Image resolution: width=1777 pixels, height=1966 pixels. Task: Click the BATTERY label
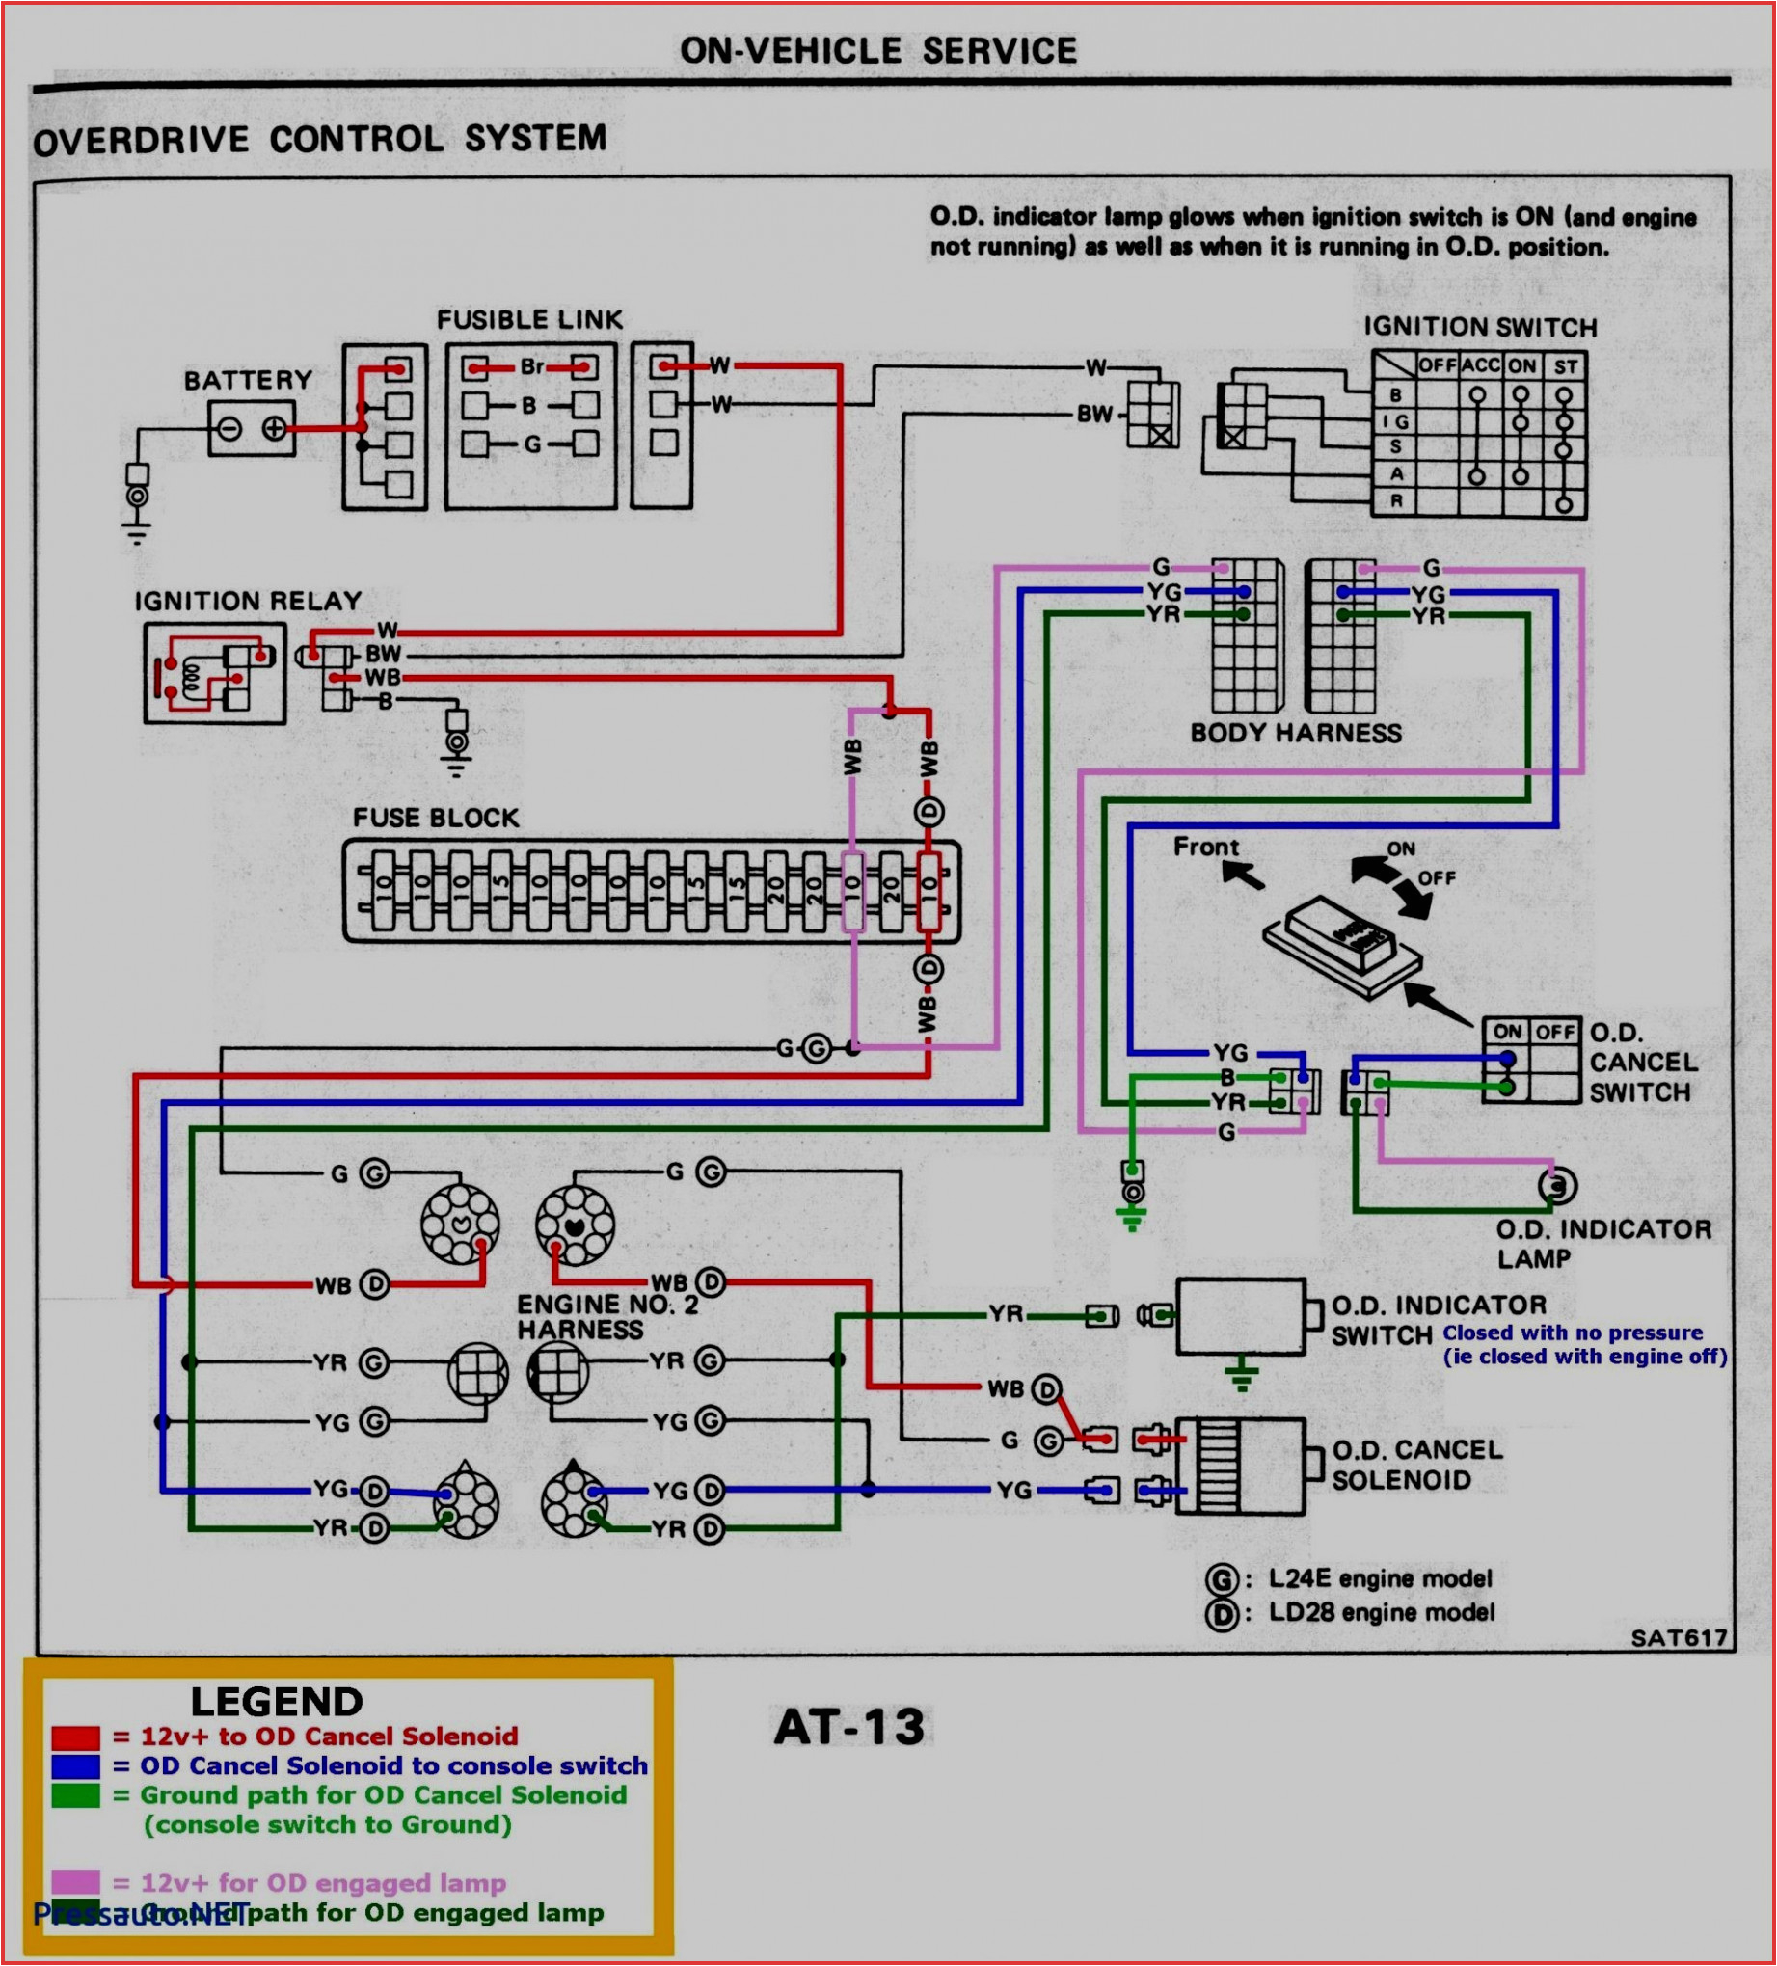tap(248, 380)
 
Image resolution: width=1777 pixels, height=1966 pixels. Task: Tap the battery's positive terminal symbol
tap(274, 428)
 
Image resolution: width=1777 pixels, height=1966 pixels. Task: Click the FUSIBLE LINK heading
tap(528, 320)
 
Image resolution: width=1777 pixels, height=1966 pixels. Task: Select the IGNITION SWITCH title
tap(1478, 328)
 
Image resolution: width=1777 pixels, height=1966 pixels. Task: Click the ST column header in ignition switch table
tap(1564, 367)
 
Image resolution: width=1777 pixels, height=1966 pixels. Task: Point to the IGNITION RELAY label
tap(248, 601)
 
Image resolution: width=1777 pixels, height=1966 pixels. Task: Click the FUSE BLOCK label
tap(436, 818)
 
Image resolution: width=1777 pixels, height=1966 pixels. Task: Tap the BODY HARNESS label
tap(1295, 733)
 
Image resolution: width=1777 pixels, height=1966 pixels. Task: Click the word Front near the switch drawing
tap(1205, 847)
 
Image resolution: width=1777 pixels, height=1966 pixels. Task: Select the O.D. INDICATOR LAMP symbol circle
tap(1556, 1186)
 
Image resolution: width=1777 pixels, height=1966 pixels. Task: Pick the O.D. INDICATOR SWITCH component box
tap(1241, 1316)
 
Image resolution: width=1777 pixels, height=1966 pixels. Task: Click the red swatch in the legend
tap(75, 1737)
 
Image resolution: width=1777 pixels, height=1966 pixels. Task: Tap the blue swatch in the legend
tap(75, 1766)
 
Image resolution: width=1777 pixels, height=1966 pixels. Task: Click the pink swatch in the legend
tap(75, 1882)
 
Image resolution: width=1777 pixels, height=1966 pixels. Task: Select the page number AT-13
tap(848, 1727)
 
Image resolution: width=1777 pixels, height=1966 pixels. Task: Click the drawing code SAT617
tap(1679, 1638)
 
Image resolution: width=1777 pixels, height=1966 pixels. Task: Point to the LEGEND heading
tap(276, 1702)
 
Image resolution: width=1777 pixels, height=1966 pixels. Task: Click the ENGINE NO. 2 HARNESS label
tap(606, 1316)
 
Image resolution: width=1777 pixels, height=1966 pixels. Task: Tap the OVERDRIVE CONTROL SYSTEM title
tap(320, 140)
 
